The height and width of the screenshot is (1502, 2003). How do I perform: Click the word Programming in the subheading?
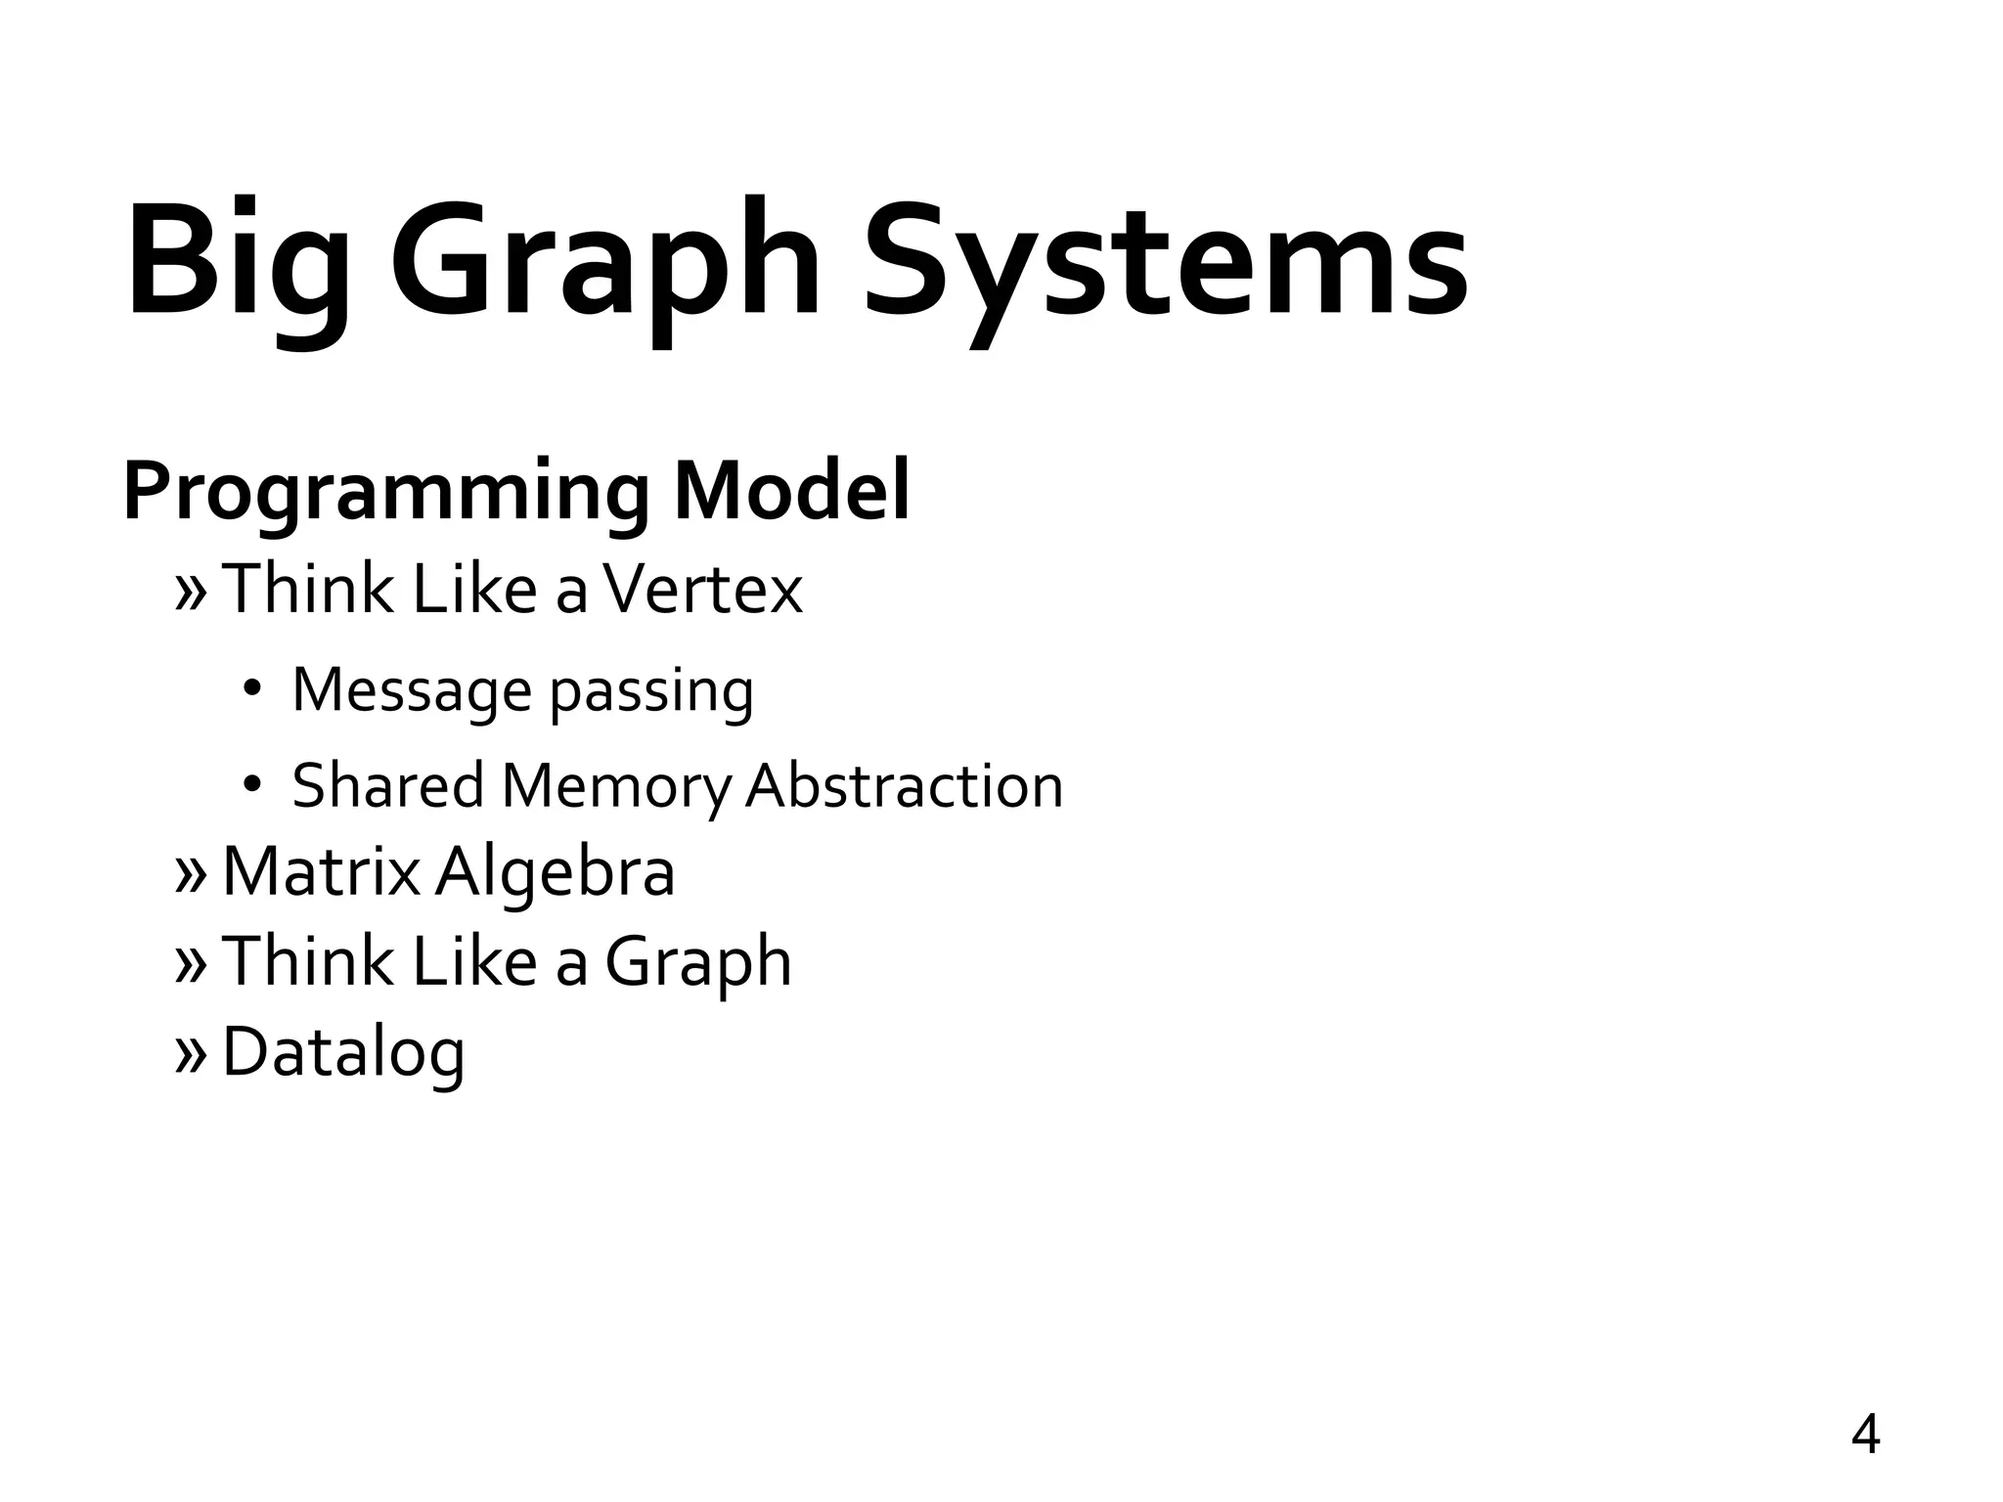click(385, 493)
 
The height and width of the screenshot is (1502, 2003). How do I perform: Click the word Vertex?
click(702, 590)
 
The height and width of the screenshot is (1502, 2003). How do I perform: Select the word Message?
click(411, 691)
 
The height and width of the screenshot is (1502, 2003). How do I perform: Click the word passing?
click(651, 693)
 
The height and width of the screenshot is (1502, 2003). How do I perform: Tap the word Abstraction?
click(904, 785)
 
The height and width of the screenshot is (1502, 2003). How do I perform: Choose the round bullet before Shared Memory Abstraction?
click(252, 784)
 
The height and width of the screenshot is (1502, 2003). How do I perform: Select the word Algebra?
click(555, 873)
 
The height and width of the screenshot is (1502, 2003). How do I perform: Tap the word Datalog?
click(343, 1054)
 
